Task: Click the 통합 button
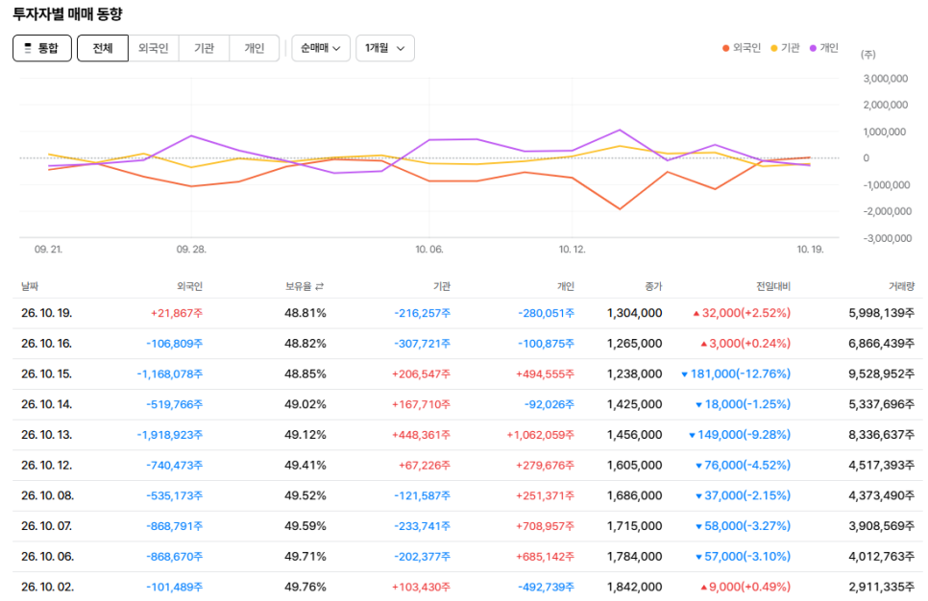point(42,48)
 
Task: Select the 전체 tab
point(103,48)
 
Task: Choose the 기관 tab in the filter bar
point(205,48)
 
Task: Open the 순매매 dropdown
point(321,48)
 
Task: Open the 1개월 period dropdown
point(384,48)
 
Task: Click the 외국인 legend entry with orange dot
point(741,48)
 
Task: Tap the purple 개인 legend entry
point(824,48)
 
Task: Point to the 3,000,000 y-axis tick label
point(886,79)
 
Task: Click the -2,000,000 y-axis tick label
point(887,211)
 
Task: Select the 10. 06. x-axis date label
point(429,250)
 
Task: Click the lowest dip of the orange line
point(620,208)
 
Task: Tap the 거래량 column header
point(901,286)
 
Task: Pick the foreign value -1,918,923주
point(170,435)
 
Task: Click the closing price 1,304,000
point(634,313)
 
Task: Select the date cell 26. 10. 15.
point(47,373)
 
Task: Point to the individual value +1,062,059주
point(540,435)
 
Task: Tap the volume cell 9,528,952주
point(881,373)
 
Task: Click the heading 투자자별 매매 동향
point(67,14)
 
